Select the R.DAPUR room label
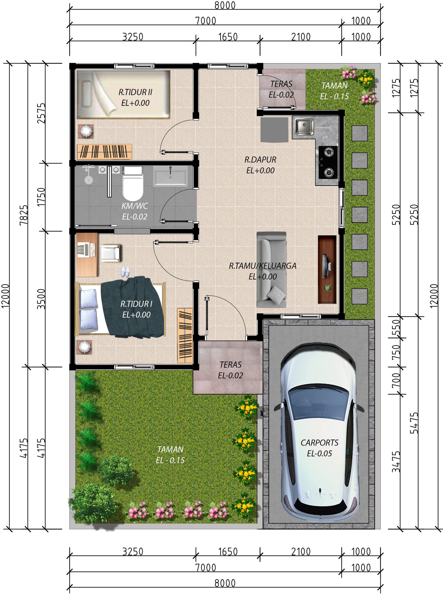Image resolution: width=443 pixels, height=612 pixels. click(x=260, y=160)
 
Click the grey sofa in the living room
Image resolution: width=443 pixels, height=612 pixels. click(x=271, y=270)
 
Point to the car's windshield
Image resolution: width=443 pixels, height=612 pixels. click(x=319, y=402)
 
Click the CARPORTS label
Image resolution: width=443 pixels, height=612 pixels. click(x=319, y=443)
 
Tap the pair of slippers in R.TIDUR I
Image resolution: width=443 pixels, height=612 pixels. click(x=125, y=272)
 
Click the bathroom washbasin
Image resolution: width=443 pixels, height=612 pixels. click(x=170, y=176)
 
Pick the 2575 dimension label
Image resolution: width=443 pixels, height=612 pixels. click(x=41, y=113)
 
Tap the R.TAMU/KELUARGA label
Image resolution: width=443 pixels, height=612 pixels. click(x=263, y=266)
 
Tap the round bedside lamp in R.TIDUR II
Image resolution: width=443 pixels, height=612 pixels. click(x=86, y=131)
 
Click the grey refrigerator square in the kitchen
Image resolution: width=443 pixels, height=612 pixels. click(x=274, y=130)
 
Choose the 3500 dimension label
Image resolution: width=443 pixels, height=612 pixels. click(x=41, y=299)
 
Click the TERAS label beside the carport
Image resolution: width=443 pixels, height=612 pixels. click(x=230, y=365)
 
